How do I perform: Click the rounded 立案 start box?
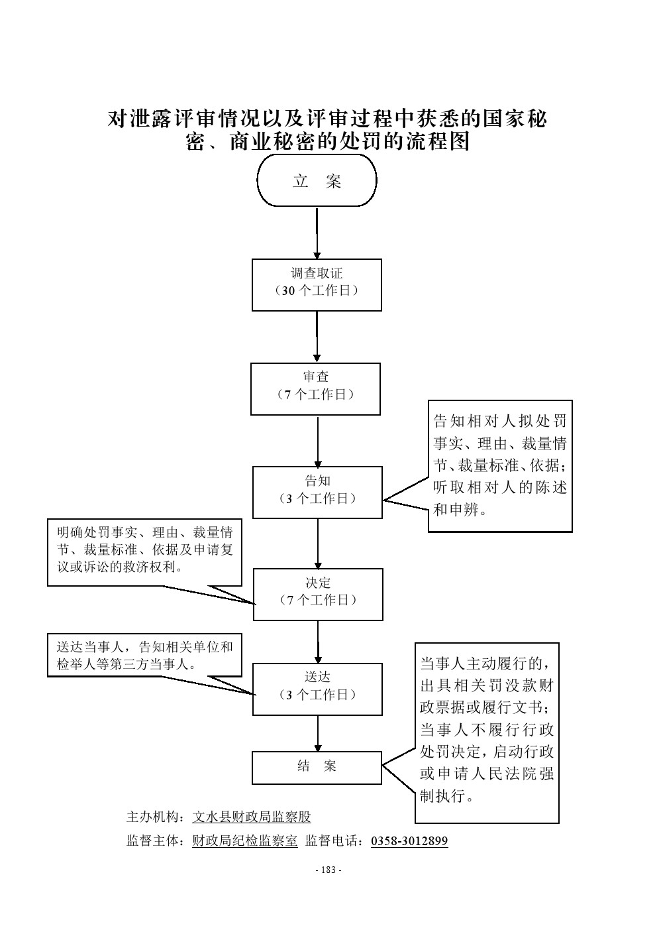pos(317,181)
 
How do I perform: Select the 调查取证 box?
pos(317,284)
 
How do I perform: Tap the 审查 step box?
pos(315,388)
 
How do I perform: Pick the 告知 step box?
pos(317,492)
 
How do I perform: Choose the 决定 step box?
pos(318,594)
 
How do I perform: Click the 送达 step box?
pos(317,689)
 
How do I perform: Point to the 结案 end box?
pos(317,767)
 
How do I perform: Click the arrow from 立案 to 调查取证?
pos(317,233)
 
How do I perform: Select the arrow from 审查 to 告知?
pos(317,441)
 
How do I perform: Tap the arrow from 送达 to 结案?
pos(317,733)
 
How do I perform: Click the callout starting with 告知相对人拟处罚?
pos(500,465)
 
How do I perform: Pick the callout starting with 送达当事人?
pos(144,655)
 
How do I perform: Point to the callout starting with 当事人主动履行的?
pos(487,732)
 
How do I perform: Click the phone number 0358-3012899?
pos(409,841)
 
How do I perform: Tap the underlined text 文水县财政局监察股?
pos(251,817)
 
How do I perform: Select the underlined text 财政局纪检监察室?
pos(244,841)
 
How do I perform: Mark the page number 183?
pos(328,870)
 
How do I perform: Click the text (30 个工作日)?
pos(317,291)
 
